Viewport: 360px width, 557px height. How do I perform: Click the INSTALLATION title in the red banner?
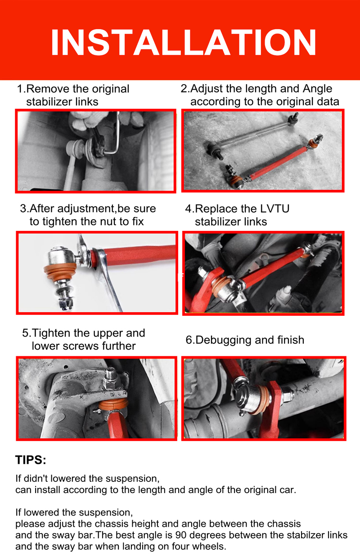click(x=183, y=42)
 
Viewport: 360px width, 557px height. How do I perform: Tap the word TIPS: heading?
click(x=31, y=460)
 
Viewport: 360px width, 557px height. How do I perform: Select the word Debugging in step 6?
click(x=223, y=341)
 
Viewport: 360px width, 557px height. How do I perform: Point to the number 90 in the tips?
click(x=181, y=535)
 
